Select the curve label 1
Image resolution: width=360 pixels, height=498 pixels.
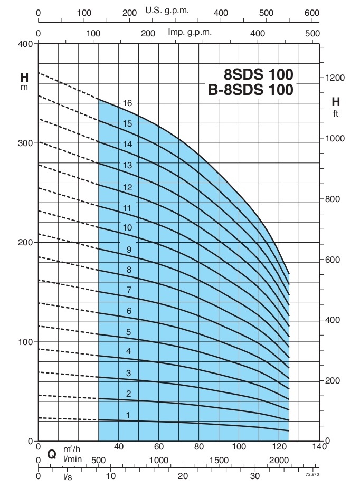[x=127, y=416]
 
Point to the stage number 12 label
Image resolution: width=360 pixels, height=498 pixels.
[x=127, y=187]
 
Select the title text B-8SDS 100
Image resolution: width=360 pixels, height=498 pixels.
[x=250, y=90]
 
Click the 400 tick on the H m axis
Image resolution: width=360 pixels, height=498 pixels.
[x=24, y=44]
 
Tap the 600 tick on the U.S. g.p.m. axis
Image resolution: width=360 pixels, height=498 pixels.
[x=312, y=12]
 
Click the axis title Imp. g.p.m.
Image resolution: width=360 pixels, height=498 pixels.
[x=190, y=32]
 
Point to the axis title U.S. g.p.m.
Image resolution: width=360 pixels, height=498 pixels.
[x=167, y=11]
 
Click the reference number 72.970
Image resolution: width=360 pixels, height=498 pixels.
[x=312, y=475]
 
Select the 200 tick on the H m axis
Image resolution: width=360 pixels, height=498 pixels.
[x=24, y=242]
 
